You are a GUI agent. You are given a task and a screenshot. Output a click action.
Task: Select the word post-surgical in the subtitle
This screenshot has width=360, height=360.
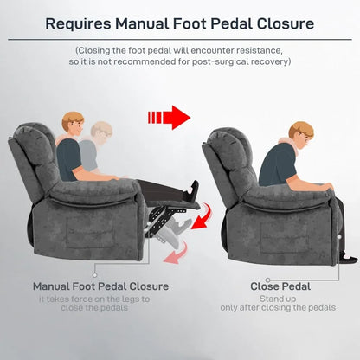(229, 61)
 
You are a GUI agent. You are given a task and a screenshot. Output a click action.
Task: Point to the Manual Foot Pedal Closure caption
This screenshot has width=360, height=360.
(100, 286)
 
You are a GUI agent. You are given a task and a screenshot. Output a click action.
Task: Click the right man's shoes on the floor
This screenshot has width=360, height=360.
(346, 256)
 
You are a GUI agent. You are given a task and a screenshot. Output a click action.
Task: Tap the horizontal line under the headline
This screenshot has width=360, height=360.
(180, 40)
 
